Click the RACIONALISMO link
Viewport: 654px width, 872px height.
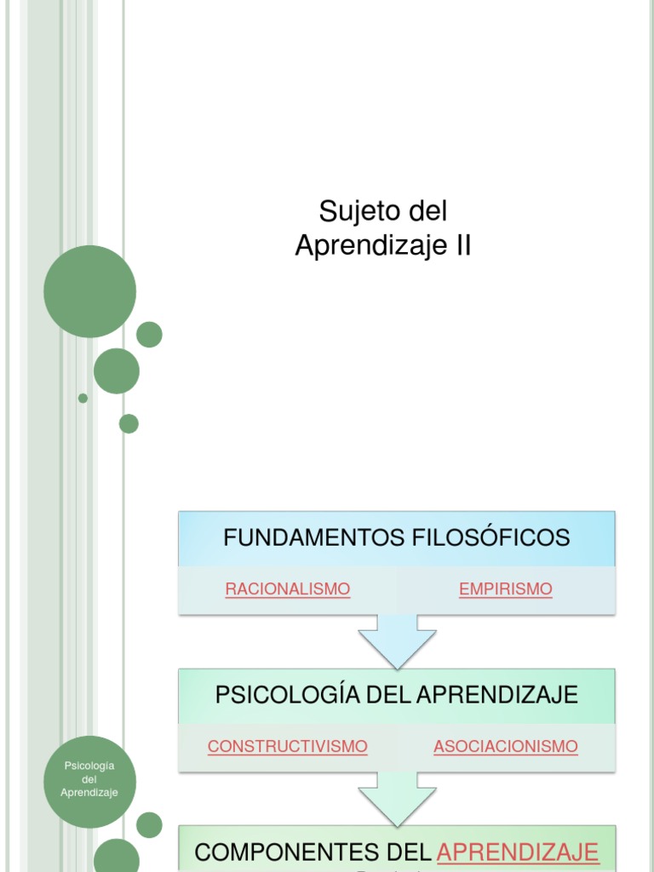pos(288,589)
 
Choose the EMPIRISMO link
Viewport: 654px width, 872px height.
pos(506,589)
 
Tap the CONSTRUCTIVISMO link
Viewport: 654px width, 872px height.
pos(288,747)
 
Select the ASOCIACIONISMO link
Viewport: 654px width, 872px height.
pos(506,747)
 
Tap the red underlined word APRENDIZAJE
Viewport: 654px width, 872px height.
pos(518,852)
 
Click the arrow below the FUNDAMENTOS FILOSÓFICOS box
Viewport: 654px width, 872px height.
pos(397,640)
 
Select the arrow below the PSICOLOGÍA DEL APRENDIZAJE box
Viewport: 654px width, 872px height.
pos(397,798)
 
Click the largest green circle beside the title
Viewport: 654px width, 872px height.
pos(89,291)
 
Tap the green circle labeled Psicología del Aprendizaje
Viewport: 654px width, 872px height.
pos(89,782)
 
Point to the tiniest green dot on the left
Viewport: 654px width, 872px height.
pos(83,398)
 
